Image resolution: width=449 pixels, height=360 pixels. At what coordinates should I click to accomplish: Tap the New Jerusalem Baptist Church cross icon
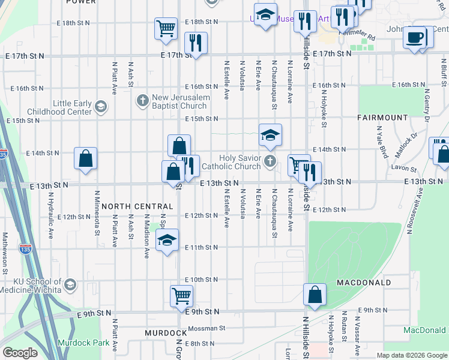(143, 100)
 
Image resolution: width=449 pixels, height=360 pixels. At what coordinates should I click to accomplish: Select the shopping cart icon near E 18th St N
(166, 28)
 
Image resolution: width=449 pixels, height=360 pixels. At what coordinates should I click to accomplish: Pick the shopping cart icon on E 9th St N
(181, 295)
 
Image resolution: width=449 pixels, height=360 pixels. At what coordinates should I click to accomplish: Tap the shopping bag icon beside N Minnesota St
(86, 158)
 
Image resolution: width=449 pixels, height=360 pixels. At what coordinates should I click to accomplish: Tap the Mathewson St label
(4, 253)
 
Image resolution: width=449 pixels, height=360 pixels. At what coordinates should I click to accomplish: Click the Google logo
(20, 353)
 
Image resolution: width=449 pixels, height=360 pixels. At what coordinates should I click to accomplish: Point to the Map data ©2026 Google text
(411, 355)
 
